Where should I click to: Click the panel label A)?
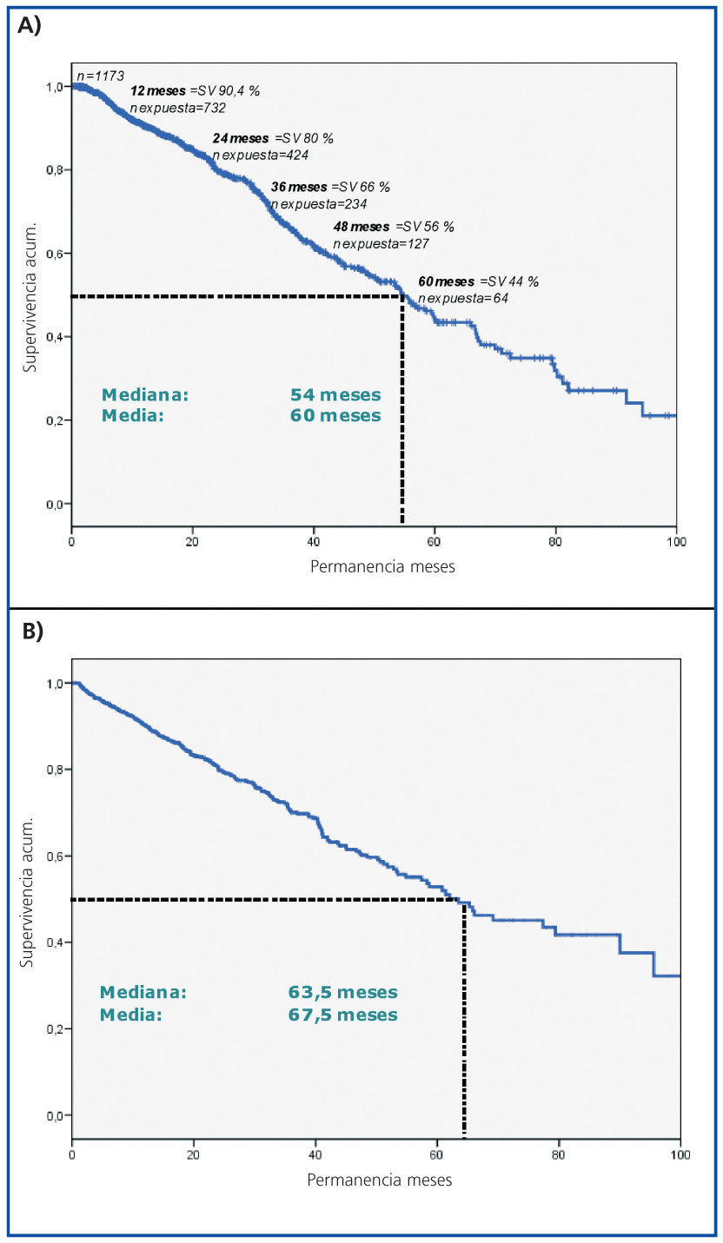click(x=30, y=25)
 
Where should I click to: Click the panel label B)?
click(x=32, y=631)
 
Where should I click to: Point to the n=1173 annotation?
click(x=100, y=76)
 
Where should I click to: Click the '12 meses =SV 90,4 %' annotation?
click(x=195, y=90)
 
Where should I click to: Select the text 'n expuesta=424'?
click(x=260, y=155)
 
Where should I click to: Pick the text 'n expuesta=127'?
click(x=381, y=243)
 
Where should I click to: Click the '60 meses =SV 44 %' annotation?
click(x=479, y=281)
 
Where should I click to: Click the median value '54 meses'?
click(x=335, y=395)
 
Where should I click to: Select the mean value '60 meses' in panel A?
click(x=335, y=416)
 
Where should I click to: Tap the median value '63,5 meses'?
click(x=342, y=993)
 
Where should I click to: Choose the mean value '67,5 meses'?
click(x=342, y=1015)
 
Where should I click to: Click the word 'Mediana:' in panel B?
click(x=143, y=993)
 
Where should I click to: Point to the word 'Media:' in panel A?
click(x=132, y=416)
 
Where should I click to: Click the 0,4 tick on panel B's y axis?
click(x=51, y=942)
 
